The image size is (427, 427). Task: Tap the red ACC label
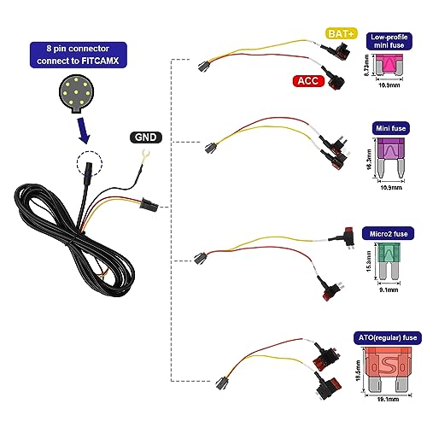pos(307,81)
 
